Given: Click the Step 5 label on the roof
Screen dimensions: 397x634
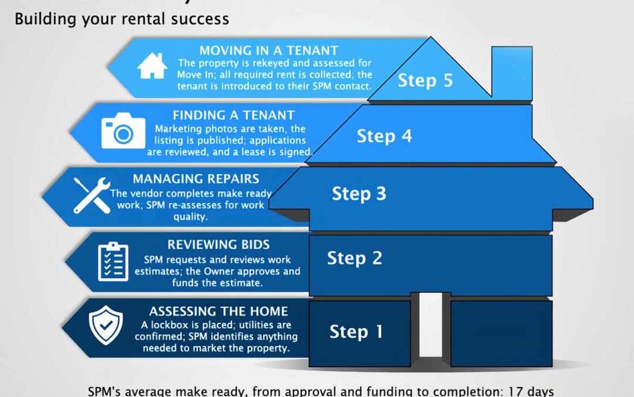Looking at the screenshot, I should [x=426, y=80].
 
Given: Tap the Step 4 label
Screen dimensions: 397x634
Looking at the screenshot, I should [x=385, y=136].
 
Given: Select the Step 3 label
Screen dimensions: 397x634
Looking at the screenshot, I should [x=359, y=194].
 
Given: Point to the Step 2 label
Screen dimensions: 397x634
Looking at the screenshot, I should [x=355, y=258].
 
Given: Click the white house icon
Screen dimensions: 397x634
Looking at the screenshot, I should [x=152, y=66].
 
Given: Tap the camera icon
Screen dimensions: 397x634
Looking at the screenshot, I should [x=123, y=132].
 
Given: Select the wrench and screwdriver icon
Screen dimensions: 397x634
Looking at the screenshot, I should [x=92, y=195].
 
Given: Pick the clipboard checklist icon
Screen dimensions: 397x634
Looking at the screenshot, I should [x=113, y=261].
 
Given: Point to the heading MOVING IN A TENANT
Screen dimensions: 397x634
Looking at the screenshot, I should [x=269, y=51].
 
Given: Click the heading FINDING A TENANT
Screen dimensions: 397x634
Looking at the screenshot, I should [x=234, y=115].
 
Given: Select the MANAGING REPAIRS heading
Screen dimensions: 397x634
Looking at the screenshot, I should [x=195, y=179].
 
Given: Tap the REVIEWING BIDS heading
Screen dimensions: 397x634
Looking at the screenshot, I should [x=218, y=245].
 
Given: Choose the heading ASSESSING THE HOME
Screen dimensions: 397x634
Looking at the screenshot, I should [x=218, y=311].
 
